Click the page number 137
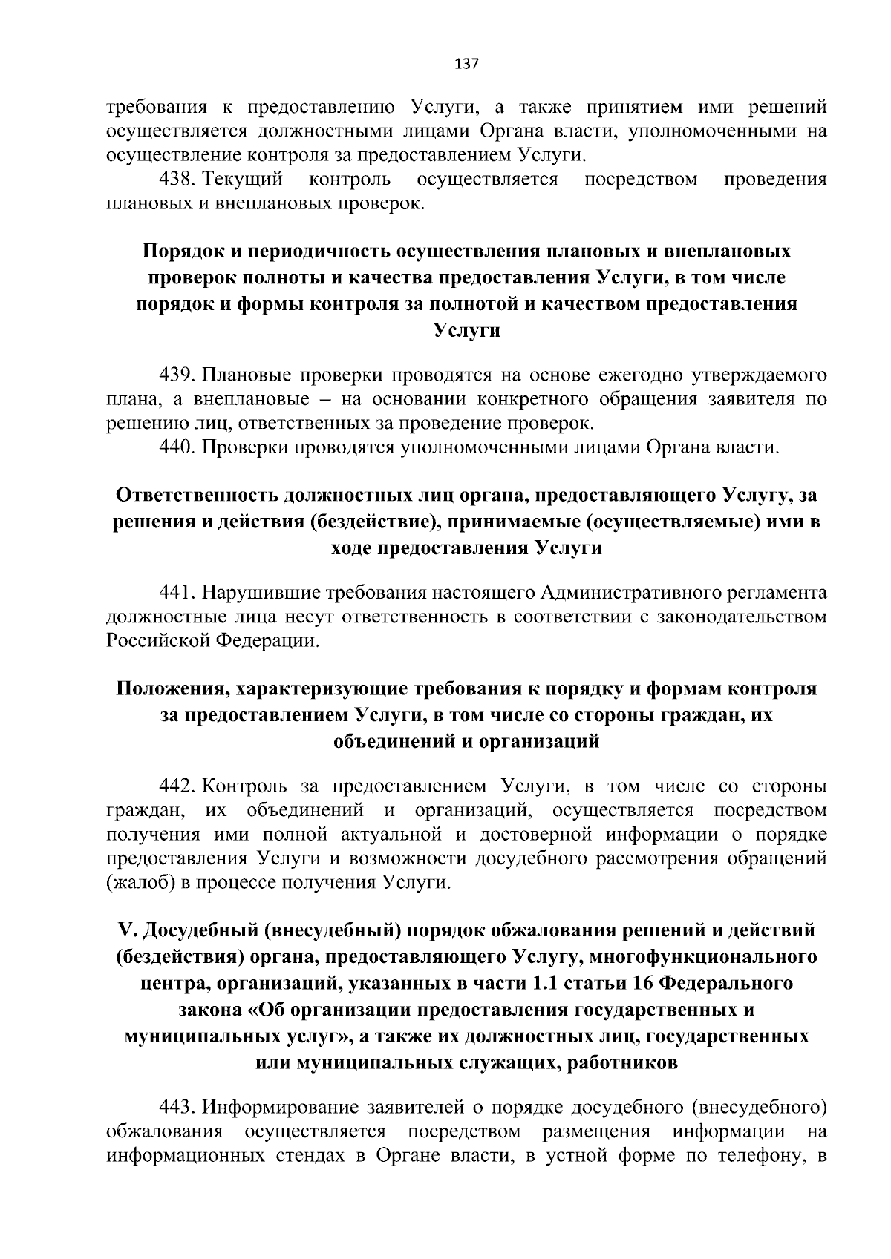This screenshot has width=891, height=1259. tap(466, 63)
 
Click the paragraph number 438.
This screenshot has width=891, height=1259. tap(177, 180)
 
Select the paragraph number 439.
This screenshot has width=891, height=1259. tap(177, 374)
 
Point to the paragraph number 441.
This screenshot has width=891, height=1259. tap(177, 593)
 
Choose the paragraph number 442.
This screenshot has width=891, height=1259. tap(177, 786)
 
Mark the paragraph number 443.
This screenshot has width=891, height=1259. tap(177, 1108)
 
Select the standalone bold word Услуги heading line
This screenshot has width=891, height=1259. tap(466, 331)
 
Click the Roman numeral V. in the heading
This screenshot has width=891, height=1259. tap(125, 930)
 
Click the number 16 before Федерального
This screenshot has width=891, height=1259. tap(643, 984)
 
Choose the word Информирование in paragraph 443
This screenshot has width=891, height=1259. tap(282, 1108)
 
